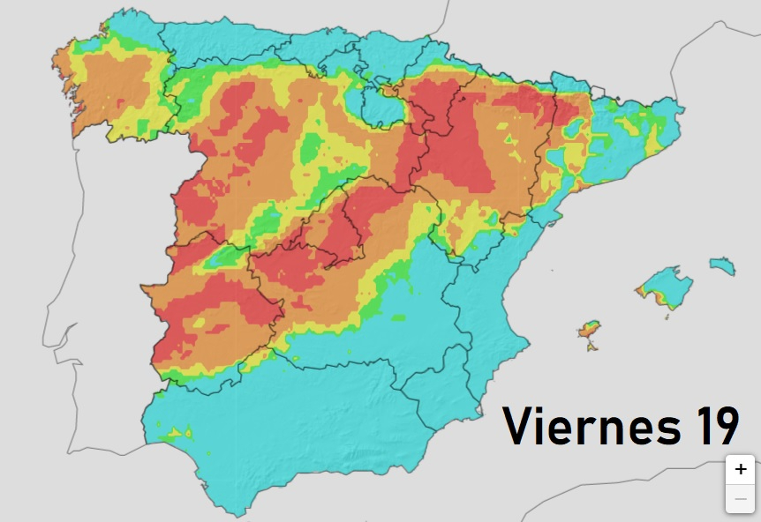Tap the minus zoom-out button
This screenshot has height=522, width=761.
coord(740,499)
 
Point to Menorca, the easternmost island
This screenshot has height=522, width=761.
coord(722,264)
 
